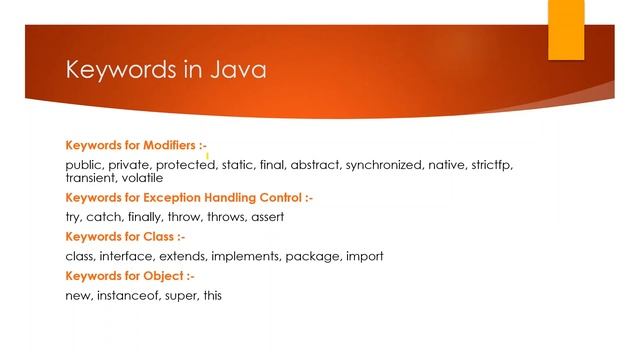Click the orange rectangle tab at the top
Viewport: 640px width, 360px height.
coord(565,29)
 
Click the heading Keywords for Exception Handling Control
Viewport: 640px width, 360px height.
coord(188,198)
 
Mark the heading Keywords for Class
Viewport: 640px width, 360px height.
coord(125,237)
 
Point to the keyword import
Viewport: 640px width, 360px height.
coord(364,256)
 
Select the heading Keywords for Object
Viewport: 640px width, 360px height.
coord(129,275)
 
